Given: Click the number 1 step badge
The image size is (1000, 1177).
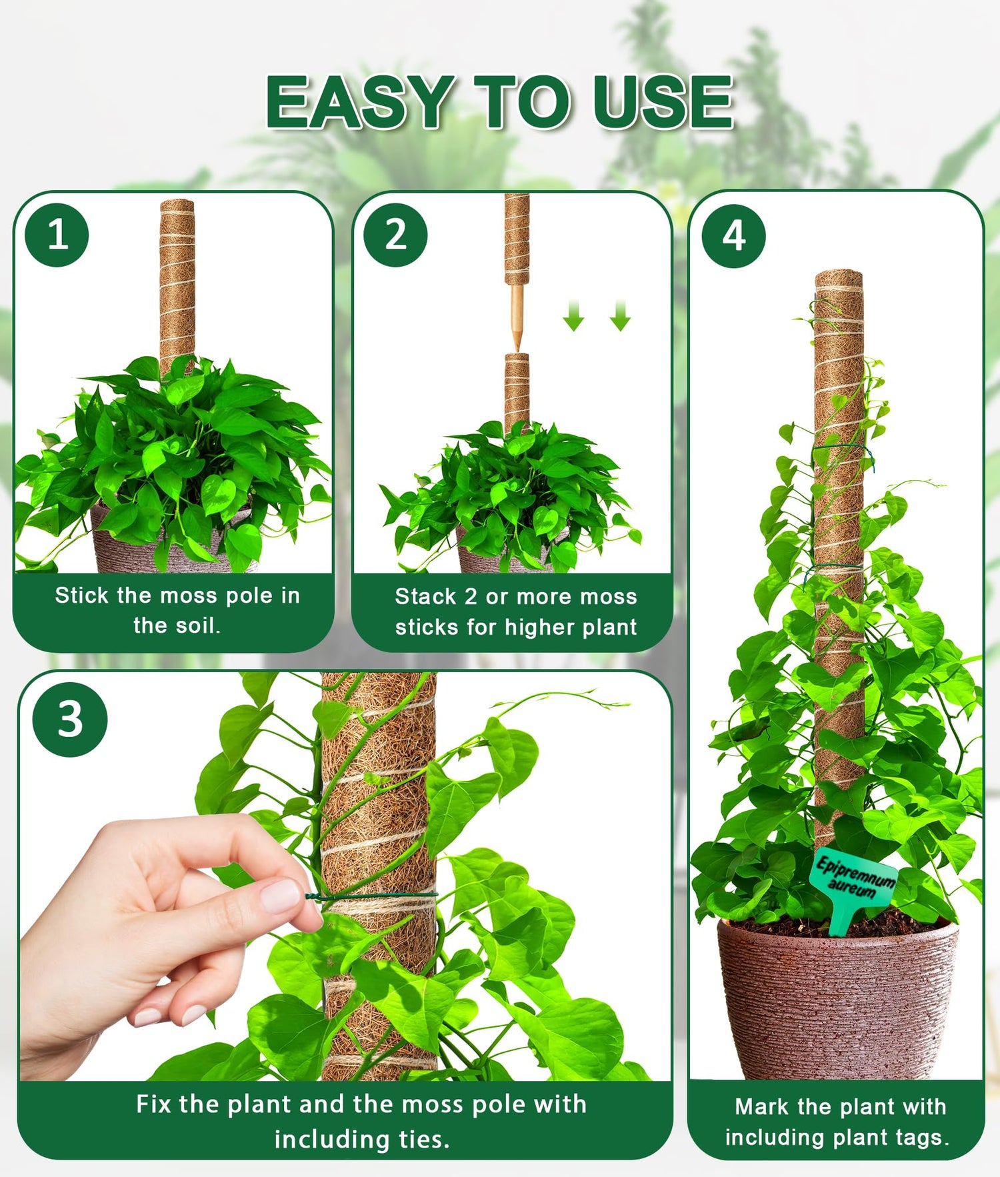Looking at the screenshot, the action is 57,235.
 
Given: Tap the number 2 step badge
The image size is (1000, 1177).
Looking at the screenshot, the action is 395,235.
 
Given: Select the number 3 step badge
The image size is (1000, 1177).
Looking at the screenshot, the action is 70,720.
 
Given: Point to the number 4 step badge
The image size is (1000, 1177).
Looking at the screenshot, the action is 734,236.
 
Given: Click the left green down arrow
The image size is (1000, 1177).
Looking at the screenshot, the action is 573,316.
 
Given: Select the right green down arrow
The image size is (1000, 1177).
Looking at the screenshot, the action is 620,316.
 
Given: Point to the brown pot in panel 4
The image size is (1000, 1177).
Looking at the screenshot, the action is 838,997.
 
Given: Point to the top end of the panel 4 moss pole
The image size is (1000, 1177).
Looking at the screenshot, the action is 839,274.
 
